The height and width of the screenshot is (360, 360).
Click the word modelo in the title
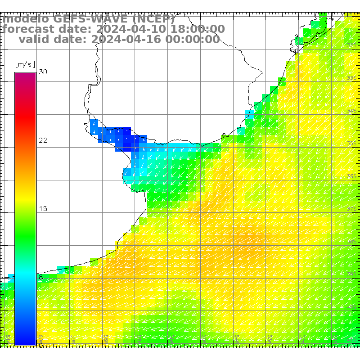tap(26, 19)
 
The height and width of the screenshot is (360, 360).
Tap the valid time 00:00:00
tap(192, 39)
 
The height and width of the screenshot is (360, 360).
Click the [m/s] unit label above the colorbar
tap(25, 64)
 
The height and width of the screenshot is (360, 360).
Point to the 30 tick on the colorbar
tap(43, 72)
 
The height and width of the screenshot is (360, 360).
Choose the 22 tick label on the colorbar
tap(43, 140)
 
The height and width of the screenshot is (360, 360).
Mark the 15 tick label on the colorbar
tap(43, 209)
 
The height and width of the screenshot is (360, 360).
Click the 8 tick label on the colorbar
tap(41, 277)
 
